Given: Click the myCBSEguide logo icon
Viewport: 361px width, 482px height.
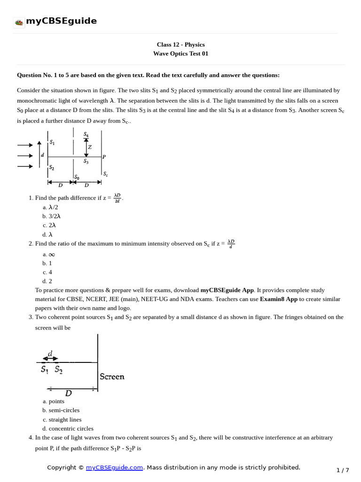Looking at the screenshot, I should [x=19, y=22].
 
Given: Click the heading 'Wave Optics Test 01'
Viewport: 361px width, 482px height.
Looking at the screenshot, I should [x=180, y=54].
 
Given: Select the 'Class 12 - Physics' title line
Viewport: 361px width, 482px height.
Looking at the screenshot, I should [x=180, y=45].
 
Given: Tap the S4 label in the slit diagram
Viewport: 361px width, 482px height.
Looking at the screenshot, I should [x=86, y=135].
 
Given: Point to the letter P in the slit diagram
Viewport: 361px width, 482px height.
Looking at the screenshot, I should [x=104, y=157].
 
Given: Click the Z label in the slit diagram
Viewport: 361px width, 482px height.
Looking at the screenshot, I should [x=90, y=147].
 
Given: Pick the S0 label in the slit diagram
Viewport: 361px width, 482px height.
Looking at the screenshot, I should [x=77, y=177].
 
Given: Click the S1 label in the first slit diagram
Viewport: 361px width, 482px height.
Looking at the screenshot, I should [x=52, y=143].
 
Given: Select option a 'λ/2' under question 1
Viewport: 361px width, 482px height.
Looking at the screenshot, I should [x=50, y=207].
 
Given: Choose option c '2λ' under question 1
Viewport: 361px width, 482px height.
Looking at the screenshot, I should [x=50, y=225].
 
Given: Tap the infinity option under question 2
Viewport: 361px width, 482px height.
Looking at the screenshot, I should [x=49, y=254].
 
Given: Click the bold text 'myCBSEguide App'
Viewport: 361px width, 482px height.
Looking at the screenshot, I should [x=228, y=290].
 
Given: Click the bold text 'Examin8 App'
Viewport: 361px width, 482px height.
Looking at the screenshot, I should [x=279, y=299].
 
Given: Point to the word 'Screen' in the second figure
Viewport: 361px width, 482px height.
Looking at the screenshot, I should [x=112, y=377].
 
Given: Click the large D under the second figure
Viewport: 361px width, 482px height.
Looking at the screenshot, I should [x=69, y=393].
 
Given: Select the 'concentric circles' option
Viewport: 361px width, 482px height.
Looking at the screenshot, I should [x=62, y=428].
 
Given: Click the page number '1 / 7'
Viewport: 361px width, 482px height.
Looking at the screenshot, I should [x=343, y=470].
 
